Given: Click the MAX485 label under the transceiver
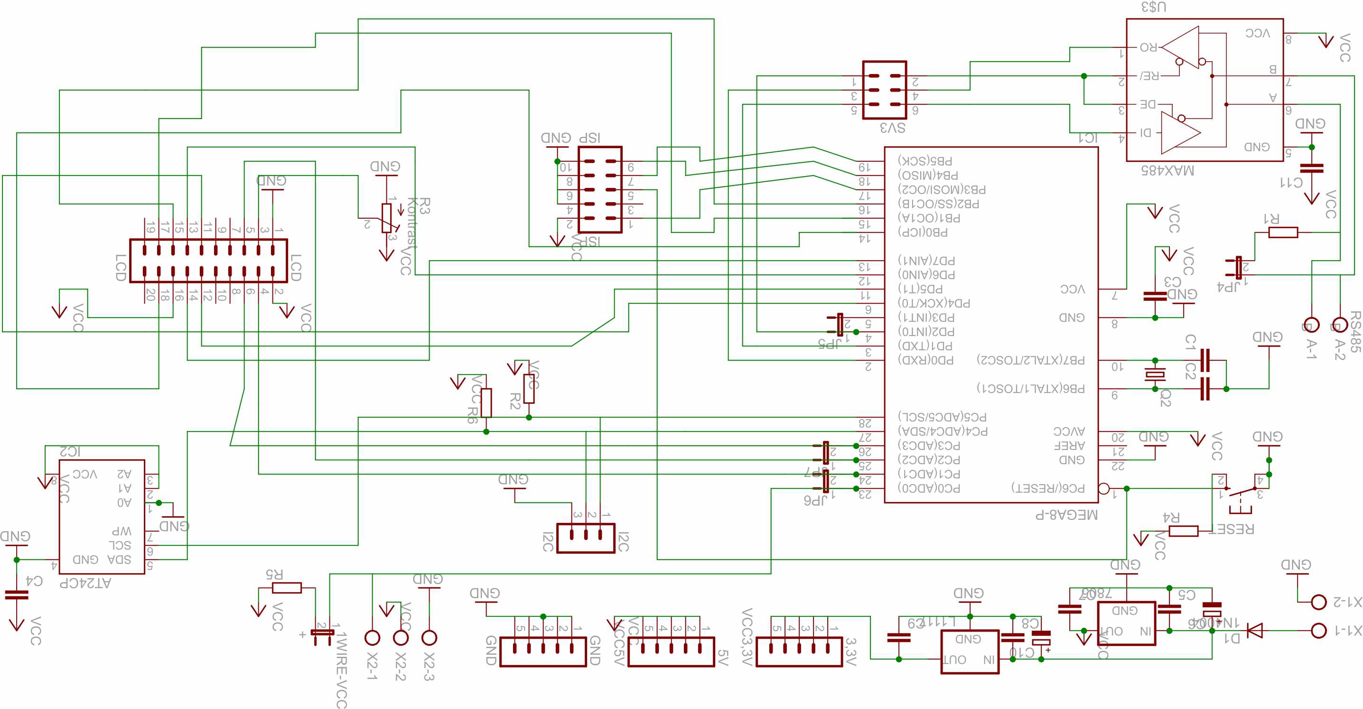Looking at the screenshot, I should [1167, 170].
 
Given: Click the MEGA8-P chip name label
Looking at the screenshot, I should [1066, 515].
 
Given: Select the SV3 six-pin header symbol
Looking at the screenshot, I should [884, 90].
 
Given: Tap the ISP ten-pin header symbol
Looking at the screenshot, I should [599, 189].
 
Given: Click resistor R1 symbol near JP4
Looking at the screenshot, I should [1283, 232].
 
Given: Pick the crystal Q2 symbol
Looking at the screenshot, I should [1155, 374].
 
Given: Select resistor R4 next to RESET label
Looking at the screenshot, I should [1183, 531].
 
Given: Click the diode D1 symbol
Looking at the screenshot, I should [1254, 630].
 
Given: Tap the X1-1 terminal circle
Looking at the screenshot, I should [1318, 630].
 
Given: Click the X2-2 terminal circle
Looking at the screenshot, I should [401, 637].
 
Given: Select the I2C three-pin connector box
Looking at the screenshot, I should [586, 538].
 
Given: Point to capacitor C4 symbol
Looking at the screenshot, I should [17, 595].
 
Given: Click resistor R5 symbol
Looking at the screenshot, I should [287, 588].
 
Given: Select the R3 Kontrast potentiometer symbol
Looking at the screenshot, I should [387, 218].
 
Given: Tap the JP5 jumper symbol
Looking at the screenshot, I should [840, 324].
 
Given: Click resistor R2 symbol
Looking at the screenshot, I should [529, 389].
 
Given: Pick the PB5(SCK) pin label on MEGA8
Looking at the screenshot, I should [924, 161].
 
